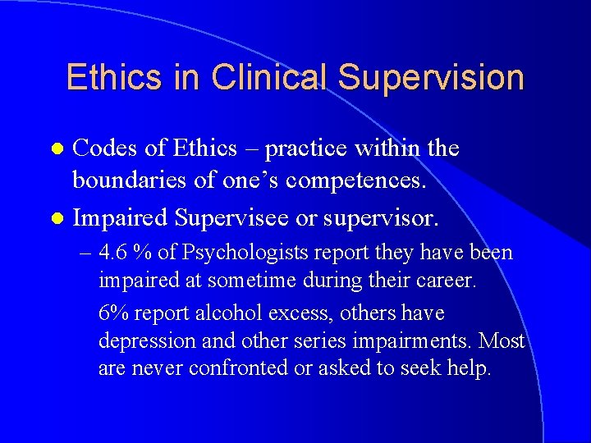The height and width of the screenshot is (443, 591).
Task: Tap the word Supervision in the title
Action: click(431, 77)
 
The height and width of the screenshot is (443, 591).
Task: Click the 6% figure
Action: click(112, 313)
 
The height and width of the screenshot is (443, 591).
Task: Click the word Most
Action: click(502, 340)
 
